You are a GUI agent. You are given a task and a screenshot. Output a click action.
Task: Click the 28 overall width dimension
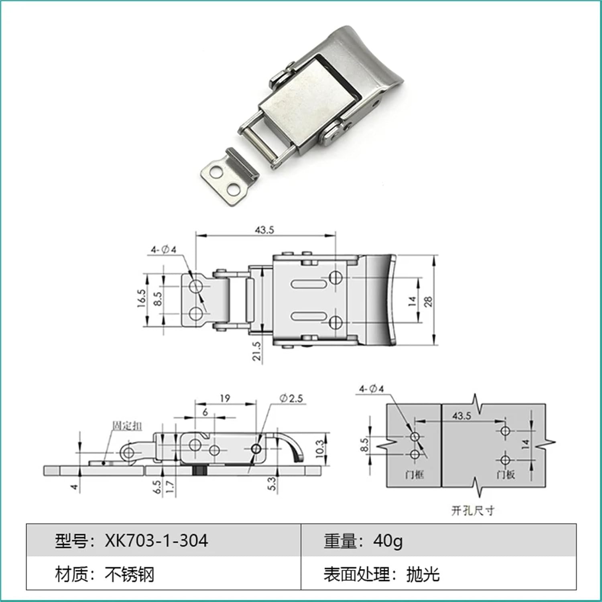tap(428, 301)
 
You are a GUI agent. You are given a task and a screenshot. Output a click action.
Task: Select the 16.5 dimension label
tap(141, 299)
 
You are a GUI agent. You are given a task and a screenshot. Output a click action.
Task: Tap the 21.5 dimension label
tap(257, 351)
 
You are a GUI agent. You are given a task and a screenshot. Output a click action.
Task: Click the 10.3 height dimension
tap(319, 449)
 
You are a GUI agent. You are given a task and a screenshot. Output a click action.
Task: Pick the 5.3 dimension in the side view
tap(272, 484)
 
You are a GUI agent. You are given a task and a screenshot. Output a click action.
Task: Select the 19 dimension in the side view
tap(225, 398)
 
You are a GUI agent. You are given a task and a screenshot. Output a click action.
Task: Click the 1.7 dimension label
tap(170, 487)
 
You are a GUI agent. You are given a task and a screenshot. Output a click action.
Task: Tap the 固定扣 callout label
tap(127, 426)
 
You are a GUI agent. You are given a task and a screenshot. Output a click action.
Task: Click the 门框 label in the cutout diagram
tap(414, 475)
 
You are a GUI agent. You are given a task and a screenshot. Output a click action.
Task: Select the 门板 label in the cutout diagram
tap(505, 475)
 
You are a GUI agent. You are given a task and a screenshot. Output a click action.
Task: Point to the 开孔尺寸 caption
tap(473, 510)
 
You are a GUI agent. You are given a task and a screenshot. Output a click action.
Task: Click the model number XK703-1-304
tap(157, 541)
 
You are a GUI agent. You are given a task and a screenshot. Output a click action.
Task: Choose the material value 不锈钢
tap(129, 574)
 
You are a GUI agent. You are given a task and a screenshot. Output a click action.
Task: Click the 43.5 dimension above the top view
tap(264, 230)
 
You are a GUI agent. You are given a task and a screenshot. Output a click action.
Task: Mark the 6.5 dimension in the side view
tap(157, 487)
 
